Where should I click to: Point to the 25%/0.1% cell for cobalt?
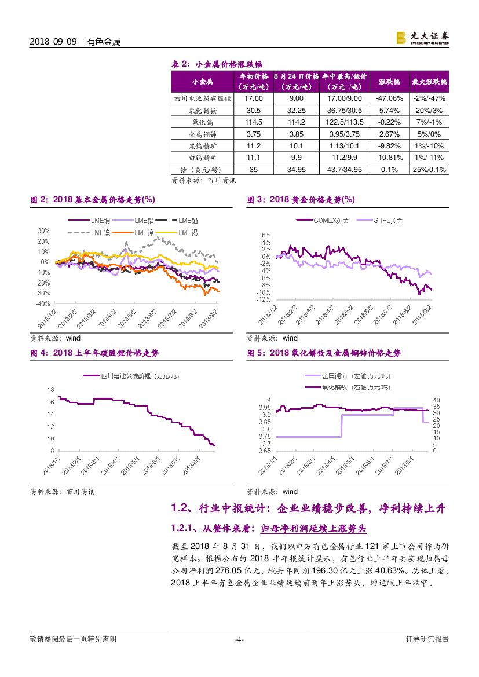(429, 169)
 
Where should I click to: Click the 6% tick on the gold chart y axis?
(266, 235)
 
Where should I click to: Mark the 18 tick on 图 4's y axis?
(50, 389)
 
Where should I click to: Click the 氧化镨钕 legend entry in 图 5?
(342, 387)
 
